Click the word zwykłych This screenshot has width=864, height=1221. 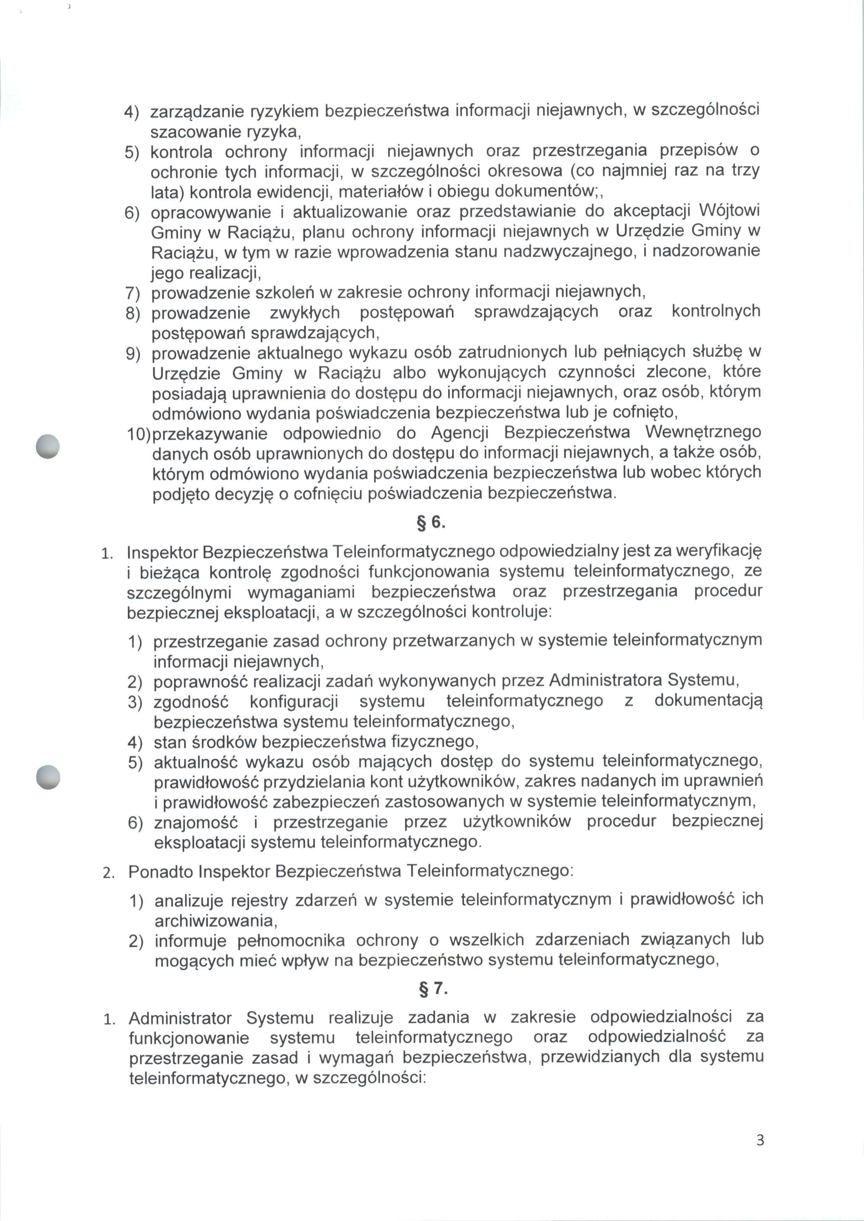tap(305, 312)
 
